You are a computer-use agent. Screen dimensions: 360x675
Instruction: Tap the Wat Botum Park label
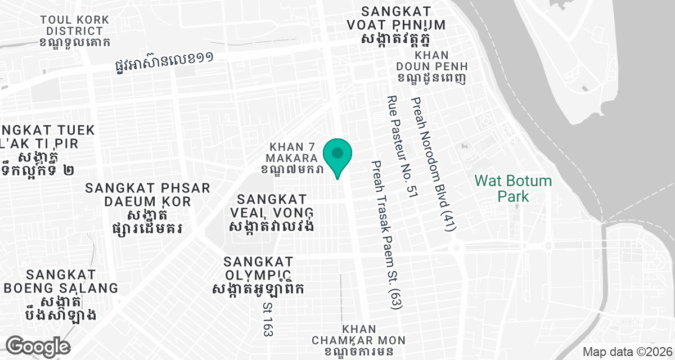[512, 188]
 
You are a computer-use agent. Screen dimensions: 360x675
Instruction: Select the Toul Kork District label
[75, 25]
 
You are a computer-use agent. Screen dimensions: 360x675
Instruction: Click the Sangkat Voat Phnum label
[404, 19]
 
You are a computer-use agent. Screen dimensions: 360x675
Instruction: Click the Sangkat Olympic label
[258, 268]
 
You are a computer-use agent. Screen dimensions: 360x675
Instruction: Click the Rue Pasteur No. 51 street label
[402, 147]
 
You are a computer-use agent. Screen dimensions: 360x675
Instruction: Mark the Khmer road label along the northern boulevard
[163, 62]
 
